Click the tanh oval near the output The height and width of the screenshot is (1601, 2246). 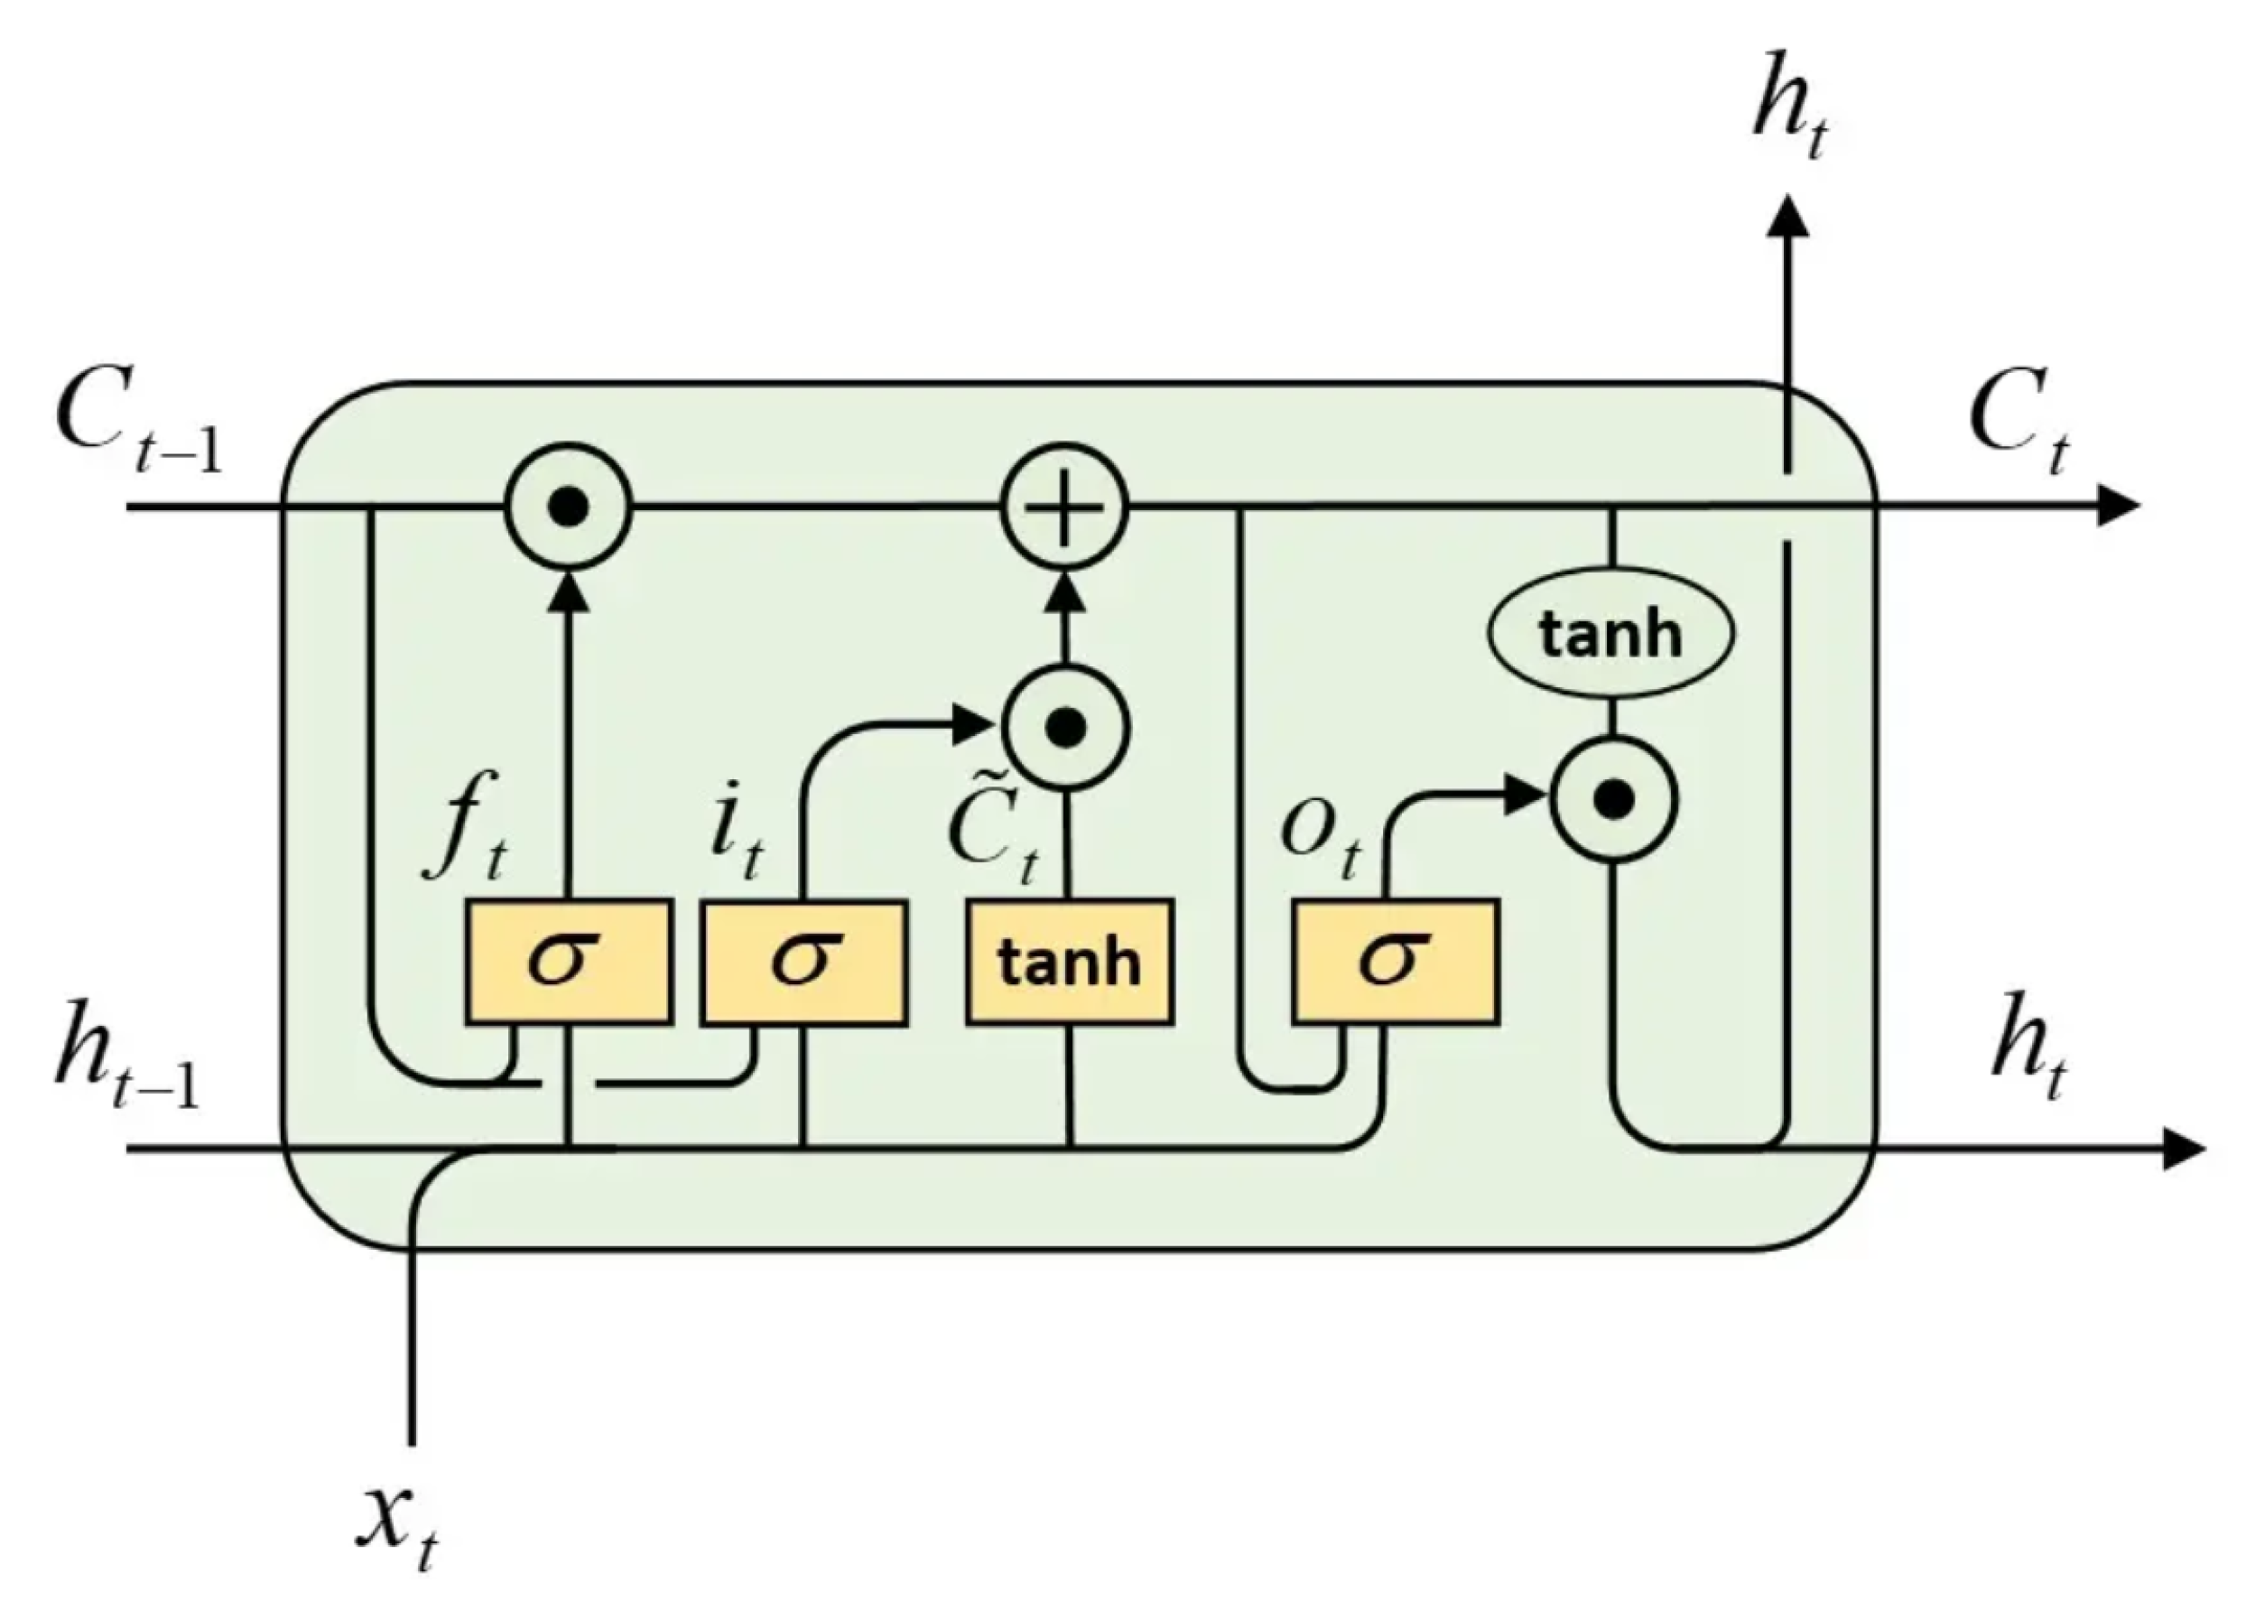click(1610, 634)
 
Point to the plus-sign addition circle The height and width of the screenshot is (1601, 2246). click(1064, 507)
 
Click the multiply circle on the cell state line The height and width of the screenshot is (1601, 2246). click(568, 507)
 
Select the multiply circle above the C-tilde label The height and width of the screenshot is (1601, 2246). click(1064, 729)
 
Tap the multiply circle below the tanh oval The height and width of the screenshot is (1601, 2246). click(1612, 799)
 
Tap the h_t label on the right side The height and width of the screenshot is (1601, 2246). click(2028, 1055)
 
